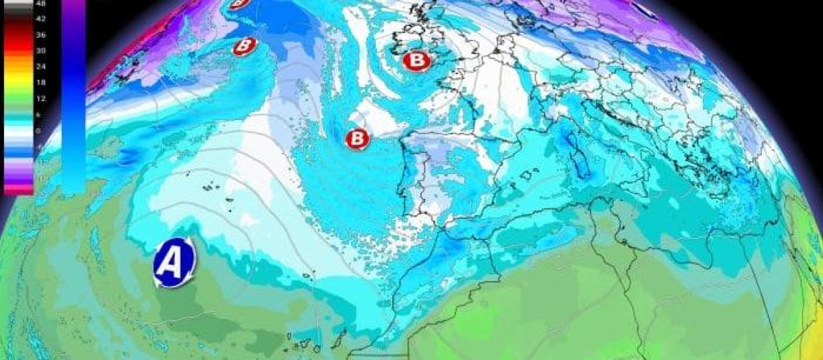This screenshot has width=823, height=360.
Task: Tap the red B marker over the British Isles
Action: tap(416, 61)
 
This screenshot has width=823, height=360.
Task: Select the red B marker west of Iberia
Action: tap(357, 139)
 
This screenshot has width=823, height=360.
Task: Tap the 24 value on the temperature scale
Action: tap(41, 67)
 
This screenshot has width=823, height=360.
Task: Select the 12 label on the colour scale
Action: tap(41, 98)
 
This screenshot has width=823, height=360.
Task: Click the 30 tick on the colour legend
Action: tap(41, 51)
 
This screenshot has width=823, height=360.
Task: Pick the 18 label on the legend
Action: tap(41, 82)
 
